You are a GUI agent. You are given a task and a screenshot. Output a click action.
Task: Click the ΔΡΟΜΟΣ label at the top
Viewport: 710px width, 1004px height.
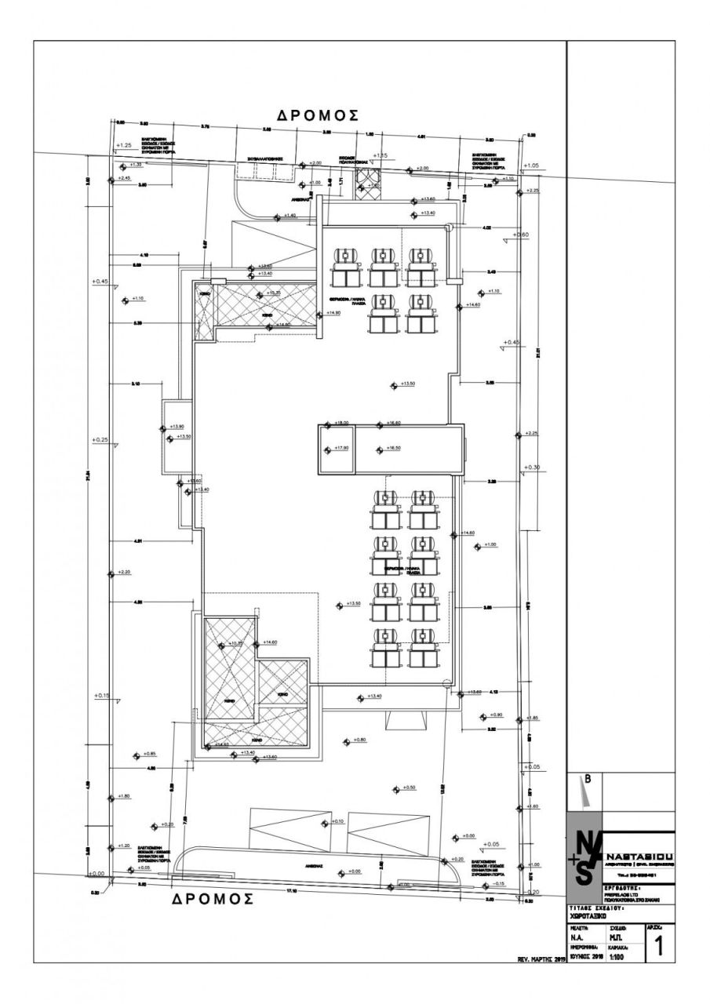coord(318,115)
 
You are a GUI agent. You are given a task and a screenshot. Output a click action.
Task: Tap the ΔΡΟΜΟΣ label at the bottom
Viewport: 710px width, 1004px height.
coord(213,899)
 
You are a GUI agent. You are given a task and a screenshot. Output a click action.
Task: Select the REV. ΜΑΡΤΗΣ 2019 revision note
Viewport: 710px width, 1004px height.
coord(539,959)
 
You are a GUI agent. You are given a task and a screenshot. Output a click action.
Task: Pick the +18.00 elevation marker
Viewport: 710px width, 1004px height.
coord(341,423)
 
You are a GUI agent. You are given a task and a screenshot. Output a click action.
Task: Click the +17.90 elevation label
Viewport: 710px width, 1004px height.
coord(340,448)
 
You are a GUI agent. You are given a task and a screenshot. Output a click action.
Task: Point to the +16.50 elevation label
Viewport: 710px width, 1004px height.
coord(392,448)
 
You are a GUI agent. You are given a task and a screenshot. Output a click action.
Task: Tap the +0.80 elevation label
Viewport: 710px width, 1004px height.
coord(359,740)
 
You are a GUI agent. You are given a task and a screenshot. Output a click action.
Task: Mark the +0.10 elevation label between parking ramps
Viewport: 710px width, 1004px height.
coord(337,821)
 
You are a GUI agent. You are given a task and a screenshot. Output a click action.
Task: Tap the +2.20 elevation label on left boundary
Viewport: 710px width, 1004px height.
coord(125,573)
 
